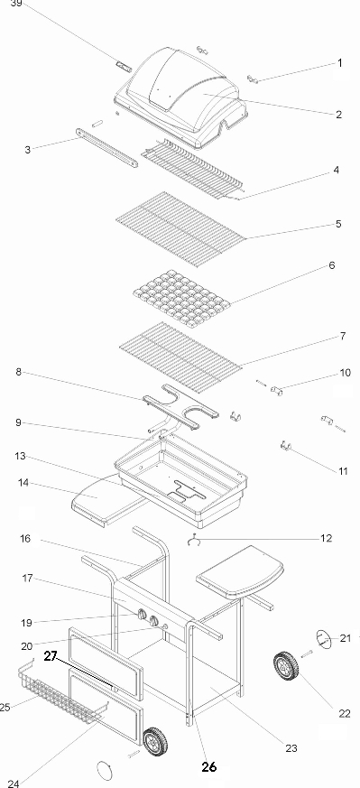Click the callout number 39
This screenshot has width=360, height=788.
(16, 4)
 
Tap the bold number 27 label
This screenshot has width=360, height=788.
(51, 656)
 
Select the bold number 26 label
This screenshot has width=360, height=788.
(208, 766)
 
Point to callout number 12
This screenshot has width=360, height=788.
(326, 538)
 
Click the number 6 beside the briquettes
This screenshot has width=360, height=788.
(332, 265)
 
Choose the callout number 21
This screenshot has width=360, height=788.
(345, 638)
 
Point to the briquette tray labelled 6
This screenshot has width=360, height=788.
(181, 297)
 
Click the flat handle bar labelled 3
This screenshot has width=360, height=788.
(106, 148)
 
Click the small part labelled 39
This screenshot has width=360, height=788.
(123, 67)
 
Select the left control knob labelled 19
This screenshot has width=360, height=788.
(142, 616)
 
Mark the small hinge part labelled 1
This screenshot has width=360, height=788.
(253, 79)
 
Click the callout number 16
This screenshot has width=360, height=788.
(25, 539)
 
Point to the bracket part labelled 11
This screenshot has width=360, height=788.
(286, 445)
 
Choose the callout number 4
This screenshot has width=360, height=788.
(336, 171)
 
